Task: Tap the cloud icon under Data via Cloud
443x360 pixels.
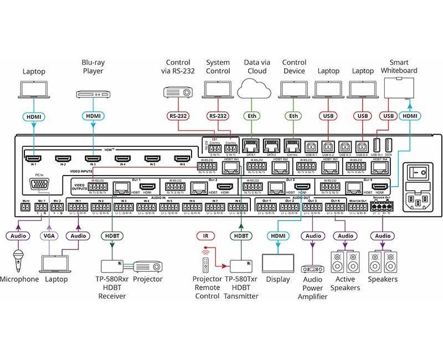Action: pos(253,89)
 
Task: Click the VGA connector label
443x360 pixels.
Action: pos(49,236)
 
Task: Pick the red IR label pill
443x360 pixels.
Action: pos(205,236)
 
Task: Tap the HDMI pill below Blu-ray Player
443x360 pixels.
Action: pos(92,116)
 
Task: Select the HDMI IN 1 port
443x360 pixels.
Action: pos(33,158)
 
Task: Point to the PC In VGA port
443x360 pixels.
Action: pos(39,185)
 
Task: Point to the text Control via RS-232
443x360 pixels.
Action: pos(177,66)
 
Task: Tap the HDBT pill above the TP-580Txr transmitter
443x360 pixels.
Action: pos(241,236)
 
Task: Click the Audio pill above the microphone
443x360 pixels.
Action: pos(19,236)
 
